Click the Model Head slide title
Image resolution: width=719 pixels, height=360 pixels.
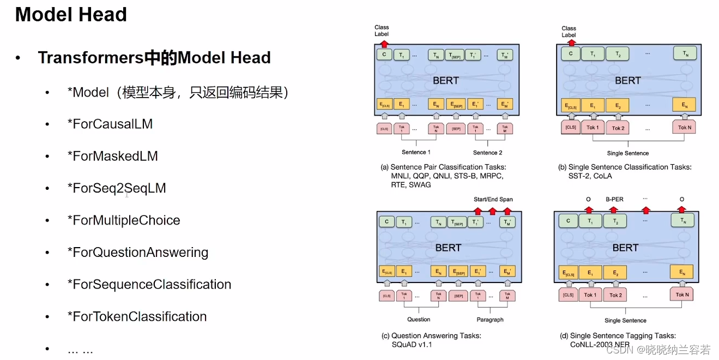[71, 15]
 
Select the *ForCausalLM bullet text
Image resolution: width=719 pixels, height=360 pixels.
[110, 124]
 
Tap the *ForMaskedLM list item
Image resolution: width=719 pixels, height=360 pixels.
[112, 156]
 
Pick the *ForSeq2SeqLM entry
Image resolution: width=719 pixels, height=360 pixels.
[116, 188]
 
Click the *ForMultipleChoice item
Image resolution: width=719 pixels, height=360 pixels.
[123, 220]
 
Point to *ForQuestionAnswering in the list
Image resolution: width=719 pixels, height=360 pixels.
[137, 253]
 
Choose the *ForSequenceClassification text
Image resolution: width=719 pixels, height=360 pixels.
[149, 284]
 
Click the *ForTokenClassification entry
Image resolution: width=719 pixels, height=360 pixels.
[137, 316]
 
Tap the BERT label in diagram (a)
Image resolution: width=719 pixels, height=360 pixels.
[446, 80]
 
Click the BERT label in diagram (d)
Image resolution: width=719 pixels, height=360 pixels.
[625, 248]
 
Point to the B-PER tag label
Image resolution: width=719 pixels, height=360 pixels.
[614, 200]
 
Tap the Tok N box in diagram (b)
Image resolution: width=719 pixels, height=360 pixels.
[684, 128]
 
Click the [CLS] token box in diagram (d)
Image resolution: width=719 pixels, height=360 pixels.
[568, 295]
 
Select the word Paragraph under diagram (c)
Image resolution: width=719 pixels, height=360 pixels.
[490, 320]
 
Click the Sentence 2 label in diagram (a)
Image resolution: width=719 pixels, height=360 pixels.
[487, 153]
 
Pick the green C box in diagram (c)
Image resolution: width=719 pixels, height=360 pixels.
[386, 221]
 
